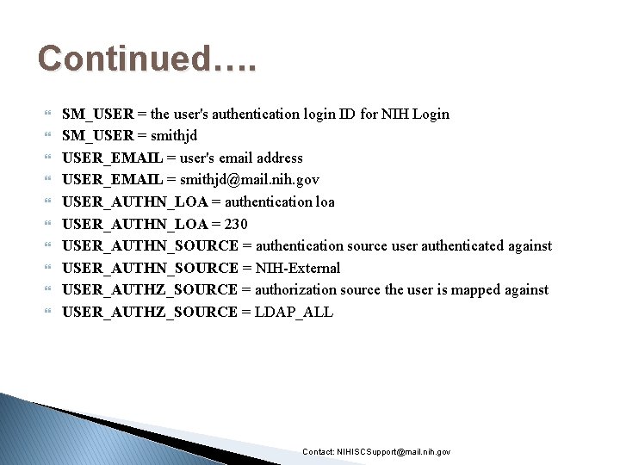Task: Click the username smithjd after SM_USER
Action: (174, 135)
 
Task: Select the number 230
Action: (235, 224)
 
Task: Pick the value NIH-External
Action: (298, 268)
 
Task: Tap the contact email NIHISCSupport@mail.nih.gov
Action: (394, 452)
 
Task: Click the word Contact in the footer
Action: (318, 452)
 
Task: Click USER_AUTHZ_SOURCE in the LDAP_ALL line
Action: (150, 312)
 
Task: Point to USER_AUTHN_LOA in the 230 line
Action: (135, 224)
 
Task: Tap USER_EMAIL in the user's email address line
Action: (113, 158)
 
